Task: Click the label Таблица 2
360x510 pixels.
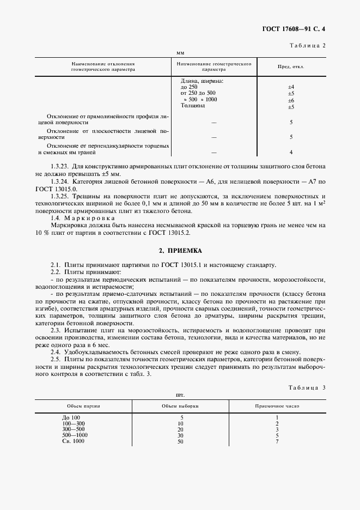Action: click(307, 45)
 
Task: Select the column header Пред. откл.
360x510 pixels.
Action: click(291, 67)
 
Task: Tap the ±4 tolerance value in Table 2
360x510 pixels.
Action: click(291, 87)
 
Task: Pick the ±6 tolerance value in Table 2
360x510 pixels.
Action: click(291, 100)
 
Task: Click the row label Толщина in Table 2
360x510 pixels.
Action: click(193, 106)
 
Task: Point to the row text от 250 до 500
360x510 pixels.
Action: click(198, 93)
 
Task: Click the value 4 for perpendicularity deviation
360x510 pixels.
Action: click(291, 152)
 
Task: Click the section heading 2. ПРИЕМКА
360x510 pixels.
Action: click(180, 251)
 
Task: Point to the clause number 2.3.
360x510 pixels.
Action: click(56, 330)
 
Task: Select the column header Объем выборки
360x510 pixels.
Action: click(180, 406)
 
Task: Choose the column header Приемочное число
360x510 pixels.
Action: click(277, 406)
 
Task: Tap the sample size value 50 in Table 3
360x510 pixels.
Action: click(181, 441)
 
